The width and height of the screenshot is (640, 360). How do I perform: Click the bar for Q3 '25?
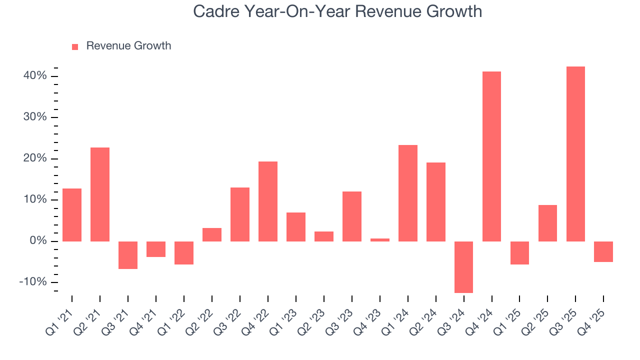pos(575,154)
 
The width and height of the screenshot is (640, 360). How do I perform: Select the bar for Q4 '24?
pos(491,156)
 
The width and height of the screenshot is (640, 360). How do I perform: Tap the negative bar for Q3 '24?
pos(463,267)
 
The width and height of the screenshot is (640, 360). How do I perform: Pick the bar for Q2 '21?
pos(100,194)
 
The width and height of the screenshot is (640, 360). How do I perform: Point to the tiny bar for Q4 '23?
pos(379,240)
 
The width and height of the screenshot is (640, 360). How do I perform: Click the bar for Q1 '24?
pos(407,193)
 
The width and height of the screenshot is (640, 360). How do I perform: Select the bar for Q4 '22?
pos(268,201)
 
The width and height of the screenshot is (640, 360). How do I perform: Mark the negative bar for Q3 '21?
pos(128,255)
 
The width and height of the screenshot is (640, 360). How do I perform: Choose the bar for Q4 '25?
pos(603,251)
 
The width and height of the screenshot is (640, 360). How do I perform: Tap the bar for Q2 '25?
pos(547,223)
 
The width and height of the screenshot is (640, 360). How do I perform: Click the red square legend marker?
pos(75,46)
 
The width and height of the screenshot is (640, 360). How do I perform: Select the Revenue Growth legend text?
pos(128,46)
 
